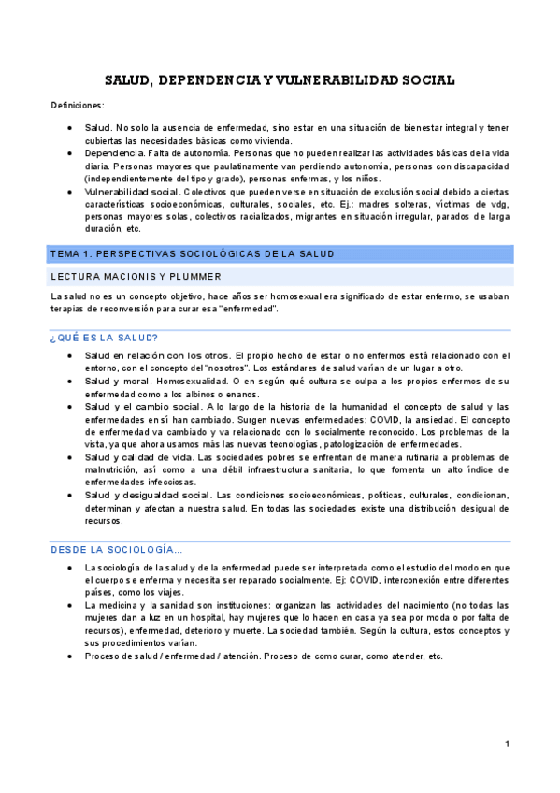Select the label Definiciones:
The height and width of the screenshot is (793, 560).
78,106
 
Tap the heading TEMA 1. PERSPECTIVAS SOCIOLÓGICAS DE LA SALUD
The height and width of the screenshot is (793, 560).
193,254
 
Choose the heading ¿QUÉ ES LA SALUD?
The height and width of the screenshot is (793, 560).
104,338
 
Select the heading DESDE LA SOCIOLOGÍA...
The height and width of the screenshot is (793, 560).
117,550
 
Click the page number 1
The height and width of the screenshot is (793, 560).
506,743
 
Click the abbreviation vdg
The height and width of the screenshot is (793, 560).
497,204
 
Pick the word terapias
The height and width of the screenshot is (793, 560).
69,310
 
